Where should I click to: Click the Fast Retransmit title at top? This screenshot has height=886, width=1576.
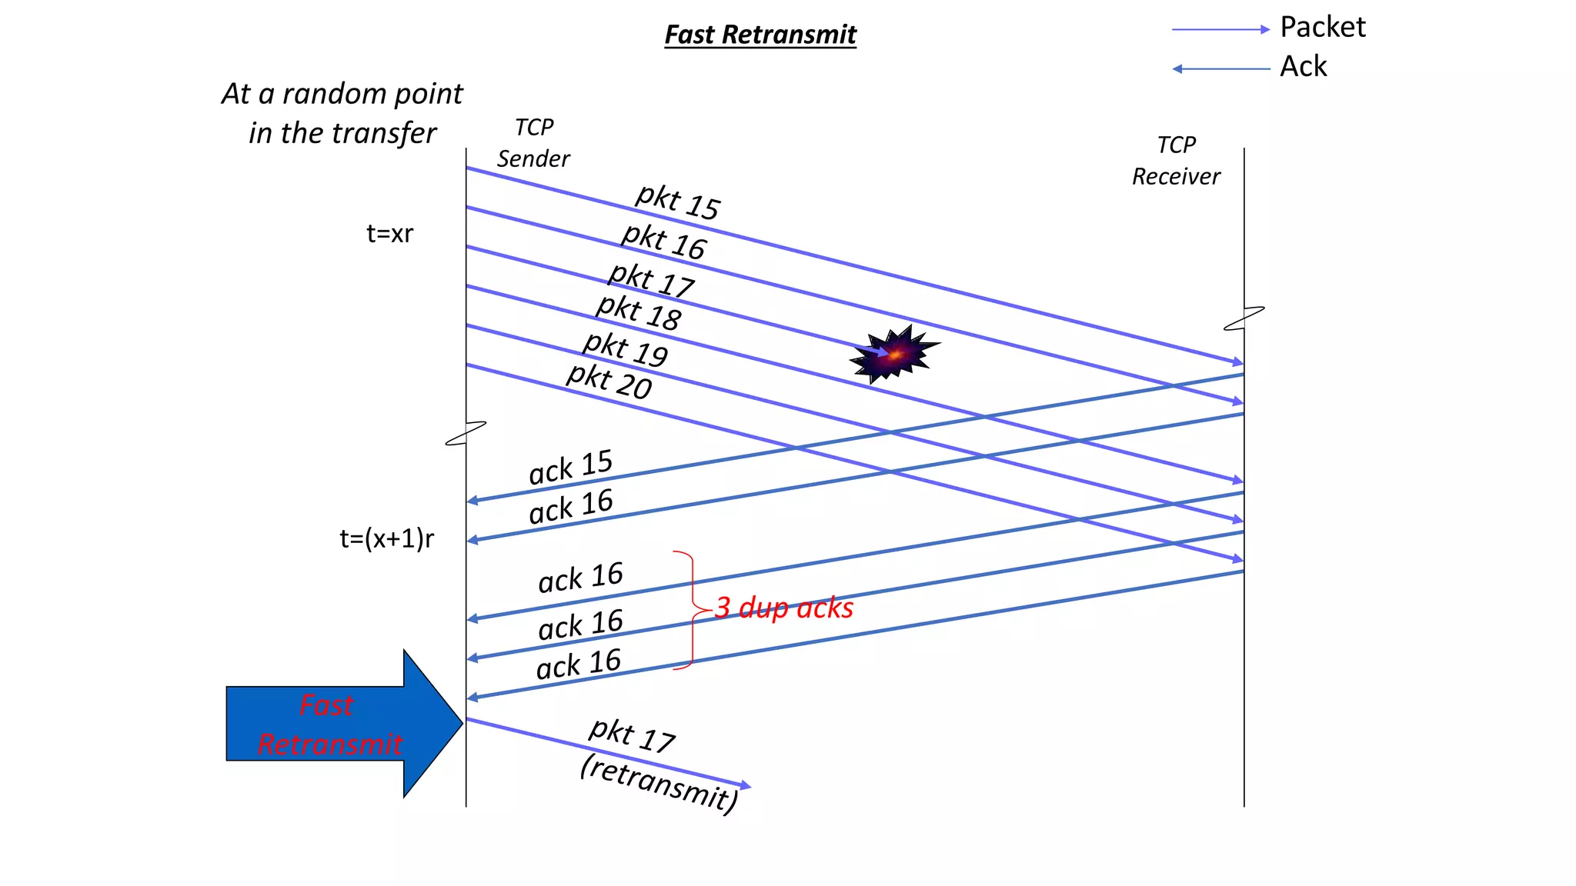760,35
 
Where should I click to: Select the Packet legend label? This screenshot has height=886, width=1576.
1322,28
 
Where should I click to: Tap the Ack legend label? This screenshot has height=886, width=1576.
1303,67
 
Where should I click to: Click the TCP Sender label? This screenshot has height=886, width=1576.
533,143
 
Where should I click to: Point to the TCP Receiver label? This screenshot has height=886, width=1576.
1176,161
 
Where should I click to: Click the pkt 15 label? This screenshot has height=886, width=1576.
677,202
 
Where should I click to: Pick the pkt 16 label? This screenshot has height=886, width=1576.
663,241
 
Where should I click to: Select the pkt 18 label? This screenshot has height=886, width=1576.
639,312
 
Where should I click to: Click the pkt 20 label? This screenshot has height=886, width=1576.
609,381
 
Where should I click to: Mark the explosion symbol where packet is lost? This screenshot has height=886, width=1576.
893,355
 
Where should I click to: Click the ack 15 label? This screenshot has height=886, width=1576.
570,467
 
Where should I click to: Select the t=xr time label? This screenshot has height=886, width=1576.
389,233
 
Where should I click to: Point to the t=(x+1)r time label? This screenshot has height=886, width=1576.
386,538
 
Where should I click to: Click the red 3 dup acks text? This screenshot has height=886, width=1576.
784,608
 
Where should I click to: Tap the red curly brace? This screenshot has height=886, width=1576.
690,610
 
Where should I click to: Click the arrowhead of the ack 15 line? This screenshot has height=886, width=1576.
472,501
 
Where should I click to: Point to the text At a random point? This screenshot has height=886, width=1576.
342,94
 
